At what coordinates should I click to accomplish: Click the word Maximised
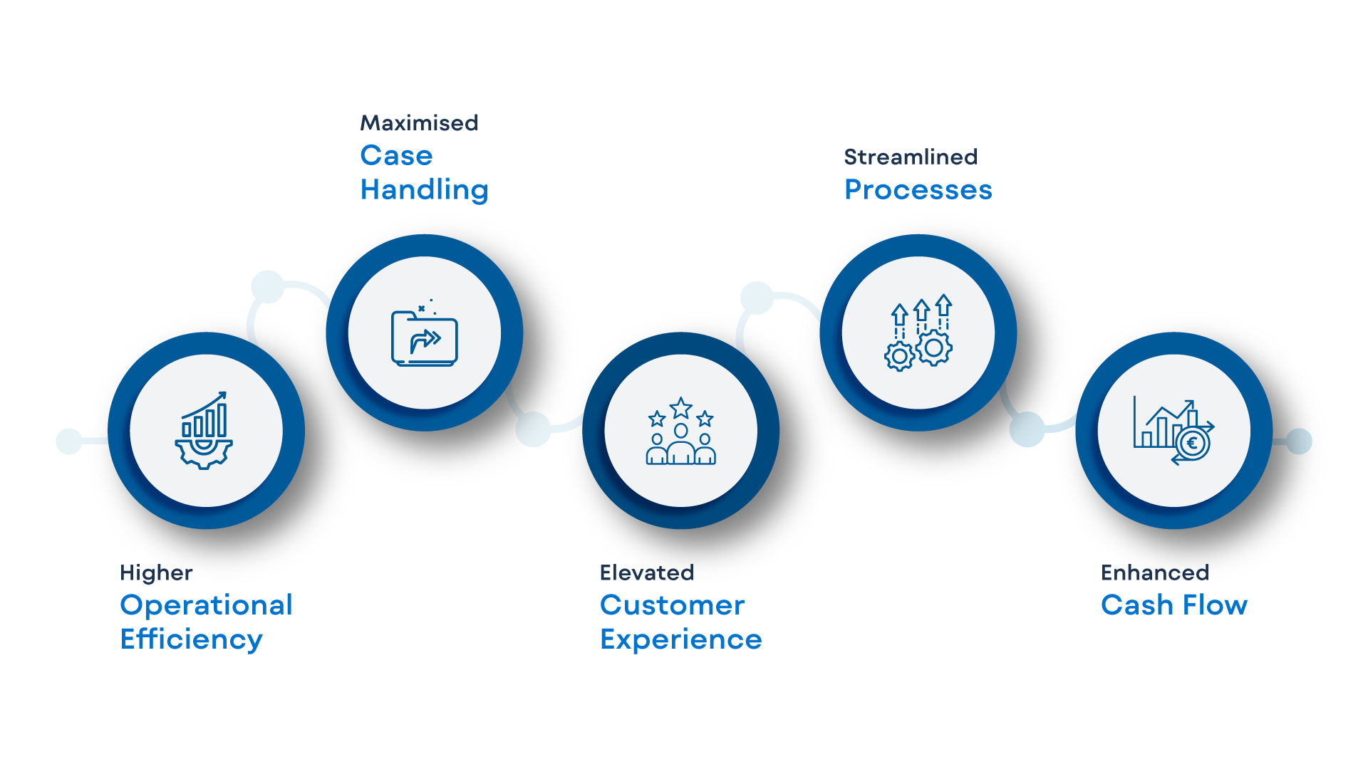coord(419,123)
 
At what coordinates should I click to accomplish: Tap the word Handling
coord(424,190)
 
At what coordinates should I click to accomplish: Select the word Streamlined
coord(910,157)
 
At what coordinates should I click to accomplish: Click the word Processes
coord(918,190)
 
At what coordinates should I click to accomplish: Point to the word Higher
coord(156,573)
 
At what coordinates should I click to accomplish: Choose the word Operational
coord(206,605)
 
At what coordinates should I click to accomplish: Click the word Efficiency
coord(191,639)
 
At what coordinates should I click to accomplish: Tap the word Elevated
coord(646,573)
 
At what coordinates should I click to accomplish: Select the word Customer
coord(672,605)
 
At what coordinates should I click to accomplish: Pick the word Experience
coord(680,639)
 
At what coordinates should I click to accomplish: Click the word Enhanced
coord(1154,573)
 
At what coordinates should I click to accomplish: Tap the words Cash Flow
coord(1173,605)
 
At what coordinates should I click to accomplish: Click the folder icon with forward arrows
coord(424,334)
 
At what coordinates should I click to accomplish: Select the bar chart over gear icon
coord(204,430)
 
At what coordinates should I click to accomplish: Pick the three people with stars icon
coord(680,431)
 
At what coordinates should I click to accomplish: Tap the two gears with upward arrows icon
coord(918,333)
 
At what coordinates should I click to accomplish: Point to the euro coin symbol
coord(1193,444)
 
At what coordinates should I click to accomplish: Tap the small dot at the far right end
coord(1299,441)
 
